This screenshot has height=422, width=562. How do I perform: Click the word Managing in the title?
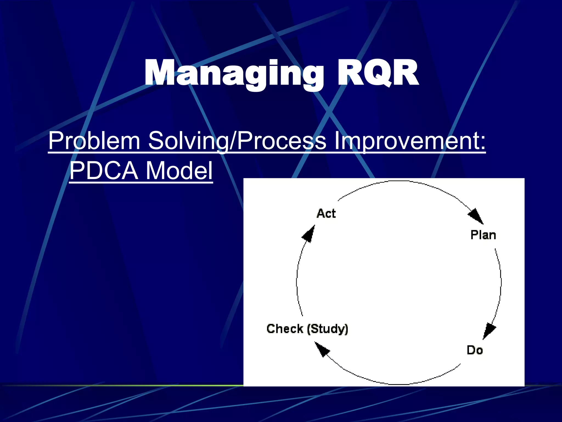click(x=233, y=74)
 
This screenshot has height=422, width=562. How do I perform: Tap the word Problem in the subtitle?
click(x=94, y=141)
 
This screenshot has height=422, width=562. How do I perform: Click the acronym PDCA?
click(x=104, y=171)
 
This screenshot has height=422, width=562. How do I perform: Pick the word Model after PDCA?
click(x=179, y=171)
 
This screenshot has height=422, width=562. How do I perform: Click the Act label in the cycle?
click(x=326, y=213)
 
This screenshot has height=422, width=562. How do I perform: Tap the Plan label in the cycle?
click(x=483, y=235)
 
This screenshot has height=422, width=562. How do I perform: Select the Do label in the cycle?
click(x=475, y=350)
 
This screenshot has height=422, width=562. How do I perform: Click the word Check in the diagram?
click(x=285, y=329)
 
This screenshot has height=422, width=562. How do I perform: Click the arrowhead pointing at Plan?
click(x=476, y=216)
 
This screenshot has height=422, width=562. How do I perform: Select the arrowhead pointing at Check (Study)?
click(x=322, y=349)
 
